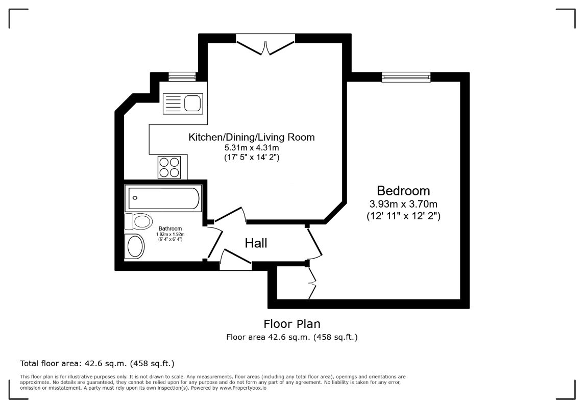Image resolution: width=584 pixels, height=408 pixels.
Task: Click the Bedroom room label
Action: coord(403,191)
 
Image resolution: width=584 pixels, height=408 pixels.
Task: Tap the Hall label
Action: coord(256,243)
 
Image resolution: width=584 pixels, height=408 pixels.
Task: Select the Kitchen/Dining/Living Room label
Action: coord(251,137)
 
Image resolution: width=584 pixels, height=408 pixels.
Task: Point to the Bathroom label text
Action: coord(170,228)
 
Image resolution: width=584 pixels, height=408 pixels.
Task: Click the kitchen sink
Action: coord(183,104)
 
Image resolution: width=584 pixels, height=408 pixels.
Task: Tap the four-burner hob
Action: coord(169,167)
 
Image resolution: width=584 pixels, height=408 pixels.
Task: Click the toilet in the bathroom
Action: coord(138,222)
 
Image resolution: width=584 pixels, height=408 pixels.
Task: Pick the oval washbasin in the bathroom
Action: coord(136,247)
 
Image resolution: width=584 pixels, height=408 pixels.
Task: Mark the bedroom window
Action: coord(406,77)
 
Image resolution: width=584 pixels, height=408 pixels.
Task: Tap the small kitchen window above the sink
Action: coord(182,76)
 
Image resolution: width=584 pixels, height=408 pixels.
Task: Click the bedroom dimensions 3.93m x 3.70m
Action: coord(403,204)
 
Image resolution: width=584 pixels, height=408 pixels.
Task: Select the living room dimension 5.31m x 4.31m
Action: coord(251,148)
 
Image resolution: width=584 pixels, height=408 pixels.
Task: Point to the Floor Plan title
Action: coord(292,324)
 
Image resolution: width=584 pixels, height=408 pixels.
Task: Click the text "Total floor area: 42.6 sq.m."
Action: coord(75,363)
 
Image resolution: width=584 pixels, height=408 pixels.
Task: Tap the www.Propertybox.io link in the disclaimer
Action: coord(243,388)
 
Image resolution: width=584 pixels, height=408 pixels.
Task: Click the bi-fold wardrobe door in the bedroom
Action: coord(312,283)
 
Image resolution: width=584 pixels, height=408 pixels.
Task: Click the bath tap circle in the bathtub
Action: coord(135,198)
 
